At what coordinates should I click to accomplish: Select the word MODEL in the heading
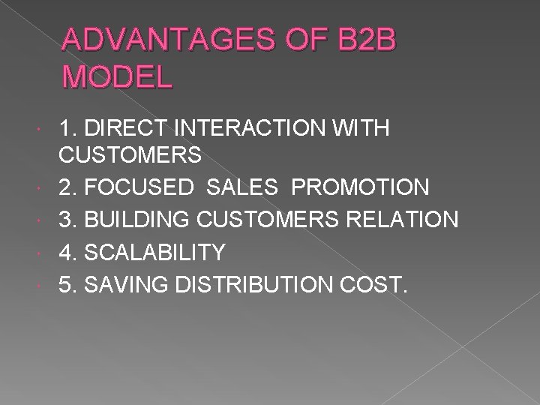point(118,76)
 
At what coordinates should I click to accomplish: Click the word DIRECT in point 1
point(133,128)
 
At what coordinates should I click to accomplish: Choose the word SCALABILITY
point(156,253)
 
